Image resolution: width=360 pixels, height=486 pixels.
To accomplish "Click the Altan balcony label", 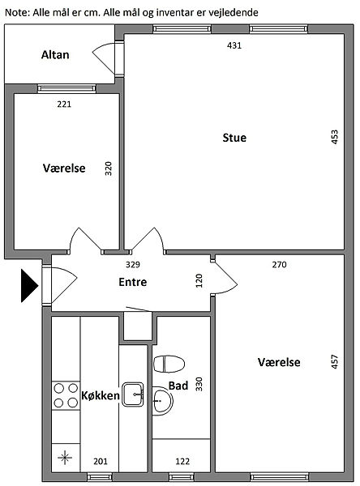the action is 55,55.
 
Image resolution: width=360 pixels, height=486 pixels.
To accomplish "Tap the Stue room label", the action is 234,138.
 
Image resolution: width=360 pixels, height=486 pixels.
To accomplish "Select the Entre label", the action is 133,282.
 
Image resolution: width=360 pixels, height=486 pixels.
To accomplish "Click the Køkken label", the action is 101,395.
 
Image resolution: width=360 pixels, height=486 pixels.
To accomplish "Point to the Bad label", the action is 178,386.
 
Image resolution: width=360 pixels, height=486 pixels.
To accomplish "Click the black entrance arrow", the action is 29,285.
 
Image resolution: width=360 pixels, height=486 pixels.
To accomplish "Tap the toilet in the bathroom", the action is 169,364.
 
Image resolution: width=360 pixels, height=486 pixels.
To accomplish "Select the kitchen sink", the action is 133,394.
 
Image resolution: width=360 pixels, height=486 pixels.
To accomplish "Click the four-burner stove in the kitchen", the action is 66,395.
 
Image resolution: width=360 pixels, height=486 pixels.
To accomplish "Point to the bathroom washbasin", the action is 162,400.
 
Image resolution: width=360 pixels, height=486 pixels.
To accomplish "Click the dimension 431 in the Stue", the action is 234,45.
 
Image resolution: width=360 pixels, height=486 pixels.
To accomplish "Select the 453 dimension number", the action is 335,137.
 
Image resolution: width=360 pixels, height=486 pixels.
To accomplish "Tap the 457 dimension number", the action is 335,361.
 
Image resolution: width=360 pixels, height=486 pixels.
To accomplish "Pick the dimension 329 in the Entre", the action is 133,265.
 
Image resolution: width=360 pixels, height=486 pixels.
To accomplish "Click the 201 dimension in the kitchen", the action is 101,462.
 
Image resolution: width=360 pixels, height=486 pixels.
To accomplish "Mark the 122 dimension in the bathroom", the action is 182,462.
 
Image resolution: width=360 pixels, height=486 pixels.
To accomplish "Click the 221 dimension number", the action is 64,104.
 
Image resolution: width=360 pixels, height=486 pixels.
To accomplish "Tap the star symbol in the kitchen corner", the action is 65,458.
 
